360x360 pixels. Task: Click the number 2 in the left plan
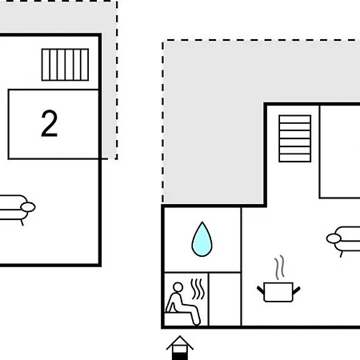click(x=50, y=123)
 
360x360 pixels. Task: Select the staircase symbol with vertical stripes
click(x=65, y=65)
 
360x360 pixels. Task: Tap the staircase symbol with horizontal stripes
click(x=295, y=138)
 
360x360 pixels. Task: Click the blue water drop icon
click(x=202, y=239)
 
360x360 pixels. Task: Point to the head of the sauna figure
click(x=178, y=287)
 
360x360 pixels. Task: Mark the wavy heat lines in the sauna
click(x=198, y=289)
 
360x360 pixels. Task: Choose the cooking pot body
click(x=278, y=292)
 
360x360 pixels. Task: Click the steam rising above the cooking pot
click(x=279, y=267)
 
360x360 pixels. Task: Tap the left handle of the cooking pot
click(x=261, y=290)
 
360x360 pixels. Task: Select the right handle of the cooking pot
click(x=297, y=290)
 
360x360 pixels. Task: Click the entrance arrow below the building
click(x=180, y=348)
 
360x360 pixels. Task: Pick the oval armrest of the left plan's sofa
click(x=28, y=207)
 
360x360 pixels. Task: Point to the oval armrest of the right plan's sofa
click(x=334, y=238)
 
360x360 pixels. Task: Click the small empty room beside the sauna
click(x=225, y=299)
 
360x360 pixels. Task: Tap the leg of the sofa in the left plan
click(x=22, y=222)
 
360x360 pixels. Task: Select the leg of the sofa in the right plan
click(x=342, y=254)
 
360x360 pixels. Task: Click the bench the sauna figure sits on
click(x=178, y=319)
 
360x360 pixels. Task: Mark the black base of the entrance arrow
click(x=180, y=356)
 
